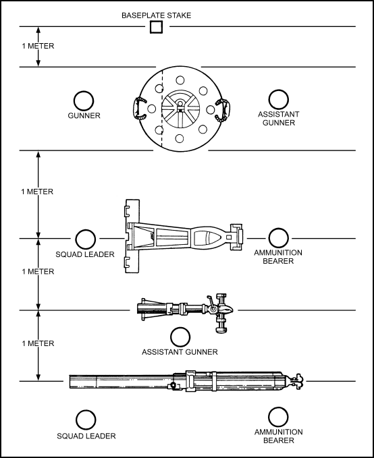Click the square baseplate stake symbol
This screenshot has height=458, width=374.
(x=156, y=27)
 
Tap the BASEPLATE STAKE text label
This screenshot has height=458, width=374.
(x=156, y=16)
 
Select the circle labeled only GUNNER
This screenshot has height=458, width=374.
(x=84, y=101)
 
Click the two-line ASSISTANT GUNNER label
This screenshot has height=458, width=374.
(x=278, y=118)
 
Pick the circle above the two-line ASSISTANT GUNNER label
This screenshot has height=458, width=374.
(x=278, y=99)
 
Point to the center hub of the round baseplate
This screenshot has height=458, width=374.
(x=180, y=109)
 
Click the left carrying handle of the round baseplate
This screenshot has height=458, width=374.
(x=139, y=109)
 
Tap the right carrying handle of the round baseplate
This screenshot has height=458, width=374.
(x=223, y=109)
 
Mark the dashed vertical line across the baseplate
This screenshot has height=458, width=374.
(x=162, y=109)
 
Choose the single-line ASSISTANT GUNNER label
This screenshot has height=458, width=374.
(x=180, y=352)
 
